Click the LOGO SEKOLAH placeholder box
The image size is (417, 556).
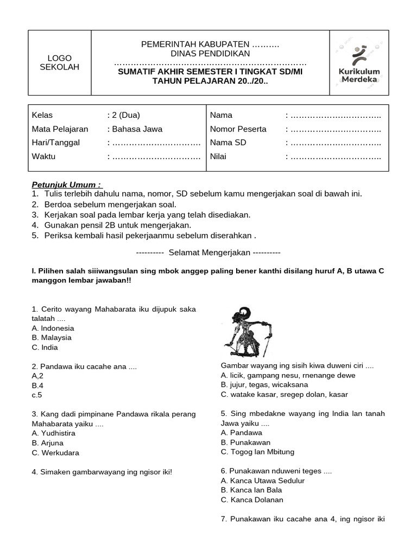60,62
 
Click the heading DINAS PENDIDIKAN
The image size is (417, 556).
210,53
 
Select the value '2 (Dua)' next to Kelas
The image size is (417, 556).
125,115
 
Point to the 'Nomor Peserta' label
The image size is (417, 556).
238,129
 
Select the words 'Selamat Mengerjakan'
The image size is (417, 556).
209,252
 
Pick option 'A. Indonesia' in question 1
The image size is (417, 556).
53,328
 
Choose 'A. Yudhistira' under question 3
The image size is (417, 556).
54,433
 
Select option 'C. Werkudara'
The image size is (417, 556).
55,453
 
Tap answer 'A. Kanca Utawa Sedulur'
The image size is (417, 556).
263,481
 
